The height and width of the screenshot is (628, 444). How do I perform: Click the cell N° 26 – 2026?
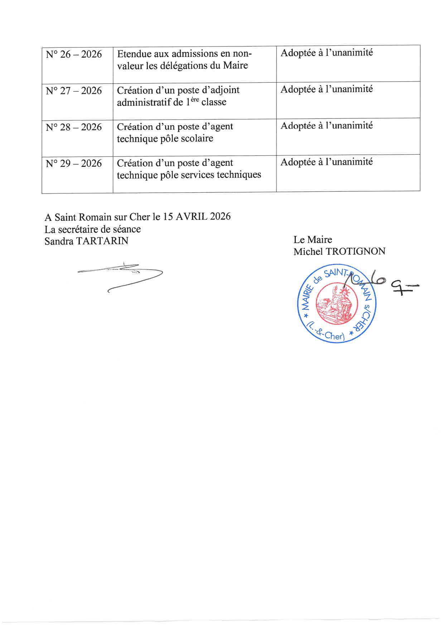point(74,54)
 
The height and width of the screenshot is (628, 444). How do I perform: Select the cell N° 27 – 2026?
point(74,91)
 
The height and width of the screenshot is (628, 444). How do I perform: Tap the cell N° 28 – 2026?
point(74,127)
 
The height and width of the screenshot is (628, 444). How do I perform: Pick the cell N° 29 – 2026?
point(74,164)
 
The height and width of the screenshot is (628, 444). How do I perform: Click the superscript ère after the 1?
point(194,100)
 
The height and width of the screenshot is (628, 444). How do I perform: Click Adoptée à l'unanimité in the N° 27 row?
point(327,89)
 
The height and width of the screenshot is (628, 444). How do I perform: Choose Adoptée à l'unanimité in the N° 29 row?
point(327,162)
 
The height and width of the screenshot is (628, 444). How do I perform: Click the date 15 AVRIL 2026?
point(197,217)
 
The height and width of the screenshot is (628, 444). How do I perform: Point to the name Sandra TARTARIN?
point(86,241)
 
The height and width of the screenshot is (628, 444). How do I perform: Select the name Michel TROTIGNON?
point(339,251)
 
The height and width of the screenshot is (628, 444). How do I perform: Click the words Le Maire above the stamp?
point(313,240)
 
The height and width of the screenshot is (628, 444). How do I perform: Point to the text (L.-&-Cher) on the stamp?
point(325,332)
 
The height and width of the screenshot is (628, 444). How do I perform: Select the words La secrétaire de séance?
point(92,229)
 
